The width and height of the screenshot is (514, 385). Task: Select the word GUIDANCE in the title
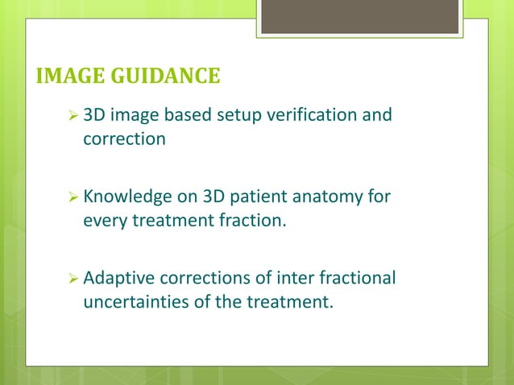coord(164,77)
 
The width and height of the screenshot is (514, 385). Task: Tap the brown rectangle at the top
coord(360,17)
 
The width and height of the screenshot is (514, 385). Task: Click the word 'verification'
coord(313,116)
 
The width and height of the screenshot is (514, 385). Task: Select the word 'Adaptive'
coord(118,279)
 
